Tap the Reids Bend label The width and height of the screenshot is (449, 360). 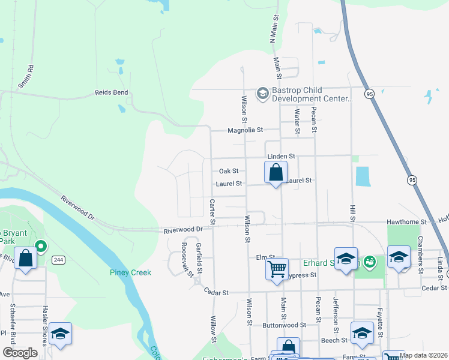point(111,93)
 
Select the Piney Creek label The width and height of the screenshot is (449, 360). point(130,272)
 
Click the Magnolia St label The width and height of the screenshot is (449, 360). point(245,130)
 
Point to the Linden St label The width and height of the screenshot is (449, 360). point(281,156)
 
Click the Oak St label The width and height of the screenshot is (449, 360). point(228,171)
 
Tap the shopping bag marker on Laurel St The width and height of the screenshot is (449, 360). point(276,173)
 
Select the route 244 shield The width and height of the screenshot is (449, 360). point(58,260)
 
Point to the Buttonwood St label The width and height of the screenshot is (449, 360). point(284,325)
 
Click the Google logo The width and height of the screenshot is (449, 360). point(20,353)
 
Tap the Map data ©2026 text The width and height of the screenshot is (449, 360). point(424,355)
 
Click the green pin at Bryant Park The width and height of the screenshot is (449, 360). point(41,246)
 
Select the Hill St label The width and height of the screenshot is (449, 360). point(352,211)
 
